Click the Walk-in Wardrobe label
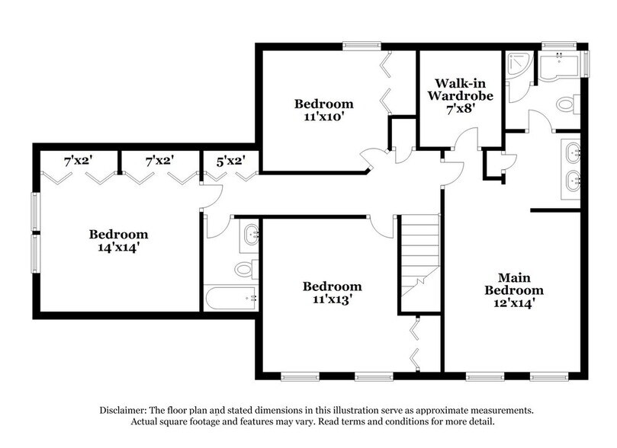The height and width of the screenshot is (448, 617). [x=459, y=89]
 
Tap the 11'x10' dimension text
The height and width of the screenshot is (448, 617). [x=324, y=118]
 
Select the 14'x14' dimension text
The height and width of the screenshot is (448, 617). [x=118, y=248]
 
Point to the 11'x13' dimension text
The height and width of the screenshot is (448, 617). [x=332, y=299]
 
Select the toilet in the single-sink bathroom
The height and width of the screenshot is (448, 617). [x=245, y=267]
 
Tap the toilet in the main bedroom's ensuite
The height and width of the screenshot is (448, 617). [x=567, y=104]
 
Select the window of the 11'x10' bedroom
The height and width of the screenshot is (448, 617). [x=362, y=46]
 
